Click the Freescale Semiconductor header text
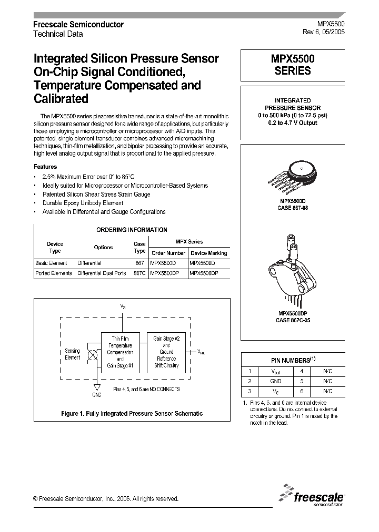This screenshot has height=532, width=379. [78, 25]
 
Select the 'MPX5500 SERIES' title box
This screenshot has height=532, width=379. [293, 65]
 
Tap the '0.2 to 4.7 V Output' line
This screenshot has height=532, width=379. [292, 122]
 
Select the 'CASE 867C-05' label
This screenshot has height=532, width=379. [293, 320]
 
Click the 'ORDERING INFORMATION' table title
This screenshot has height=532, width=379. [132, 230]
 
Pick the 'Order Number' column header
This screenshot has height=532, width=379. [168, 253]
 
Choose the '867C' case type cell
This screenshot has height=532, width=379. [139, 273]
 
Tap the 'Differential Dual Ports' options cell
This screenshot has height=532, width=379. [102, 273]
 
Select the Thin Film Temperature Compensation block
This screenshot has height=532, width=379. [121, 352]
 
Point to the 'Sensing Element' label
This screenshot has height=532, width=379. [72, 354]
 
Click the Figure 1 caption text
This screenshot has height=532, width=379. [132, 414]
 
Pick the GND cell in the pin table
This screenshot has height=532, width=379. [275, 381]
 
